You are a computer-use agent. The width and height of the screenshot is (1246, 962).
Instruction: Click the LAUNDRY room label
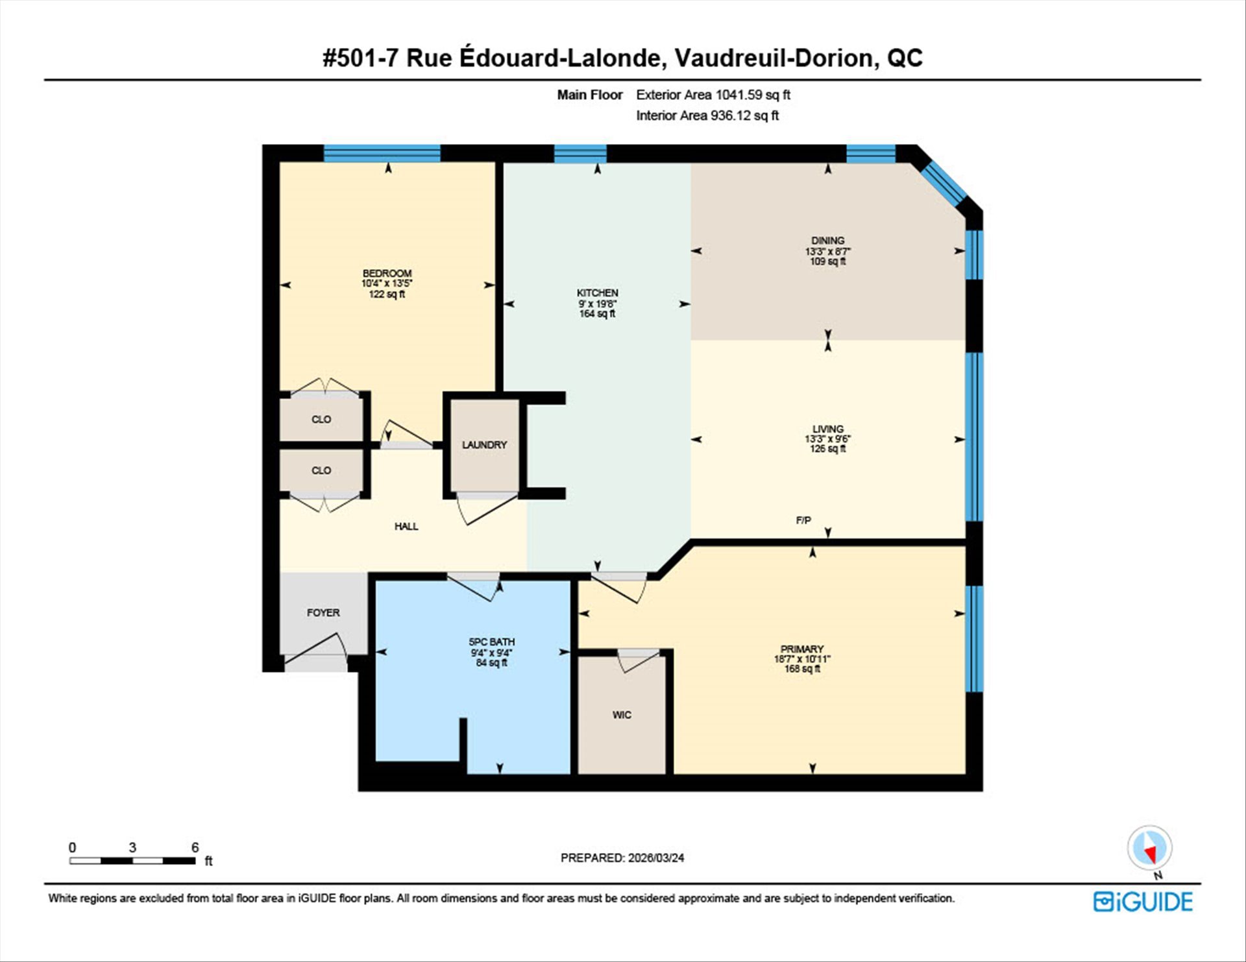484,445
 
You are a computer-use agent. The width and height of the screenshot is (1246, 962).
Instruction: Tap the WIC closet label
622,715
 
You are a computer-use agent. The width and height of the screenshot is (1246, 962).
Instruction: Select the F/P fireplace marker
803,520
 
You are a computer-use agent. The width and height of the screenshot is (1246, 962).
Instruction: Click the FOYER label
323,612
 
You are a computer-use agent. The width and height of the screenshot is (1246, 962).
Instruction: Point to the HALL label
406,526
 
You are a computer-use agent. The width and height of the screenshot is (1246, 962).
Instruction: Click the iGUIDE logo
1143,902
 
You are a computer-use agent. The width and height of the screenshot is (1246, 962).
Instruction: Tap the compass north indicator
1150,848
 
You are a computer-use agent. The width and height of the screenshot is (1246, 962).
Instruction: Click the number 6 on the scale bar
195,847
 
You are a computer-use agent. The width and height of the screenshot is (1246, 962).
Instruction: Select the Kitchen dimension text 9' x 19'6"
597,304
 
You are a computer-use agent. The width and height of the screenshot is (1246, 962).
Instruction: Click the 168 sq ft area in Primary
802,669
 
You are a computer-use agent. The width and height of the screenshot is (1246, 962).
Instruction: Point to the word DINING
827,241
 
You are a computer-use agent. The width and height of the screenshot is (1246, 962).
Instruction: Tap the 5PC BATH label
491,642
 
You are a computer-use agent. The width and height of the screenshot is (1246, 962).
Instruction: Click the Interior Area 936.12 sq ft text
707,115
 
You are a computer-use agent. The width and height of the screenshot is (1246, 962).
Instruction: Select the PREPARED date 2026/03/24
655,858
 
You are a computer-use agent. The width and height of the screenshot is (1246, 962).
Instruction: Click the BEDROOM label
387,273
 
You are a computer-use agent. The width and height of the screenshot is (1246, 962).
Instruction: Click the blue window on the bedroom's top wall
382,153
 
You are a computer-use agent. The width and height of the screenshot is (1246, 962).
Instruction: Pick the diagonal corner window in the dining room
944,184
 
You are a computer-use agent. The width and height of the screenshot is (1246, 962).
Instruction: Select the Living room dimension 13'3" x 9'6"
827,439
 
